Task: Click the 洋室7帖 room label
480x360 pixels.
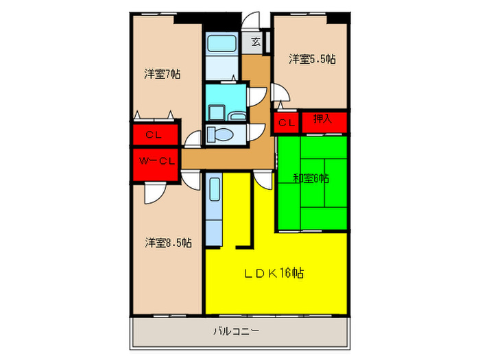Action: pos(162,74)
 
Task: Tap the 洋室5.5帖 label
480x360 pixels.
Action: pos(311,59)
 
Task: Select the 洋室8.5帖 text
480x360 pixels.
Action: pos(167,243)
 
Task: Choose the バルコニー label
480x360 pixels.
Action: pos(236,332)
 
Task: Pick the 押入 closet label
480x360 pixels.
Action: pos(322,120)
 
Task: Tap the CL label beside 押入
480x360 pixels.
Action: pos(287,123)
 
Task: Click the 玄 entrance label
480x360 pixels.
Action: pos(255,43)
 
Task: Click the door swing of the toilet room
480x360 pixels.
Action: pos(258,133)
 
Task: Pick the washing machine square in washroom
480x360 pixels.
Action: pos(215,112)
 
